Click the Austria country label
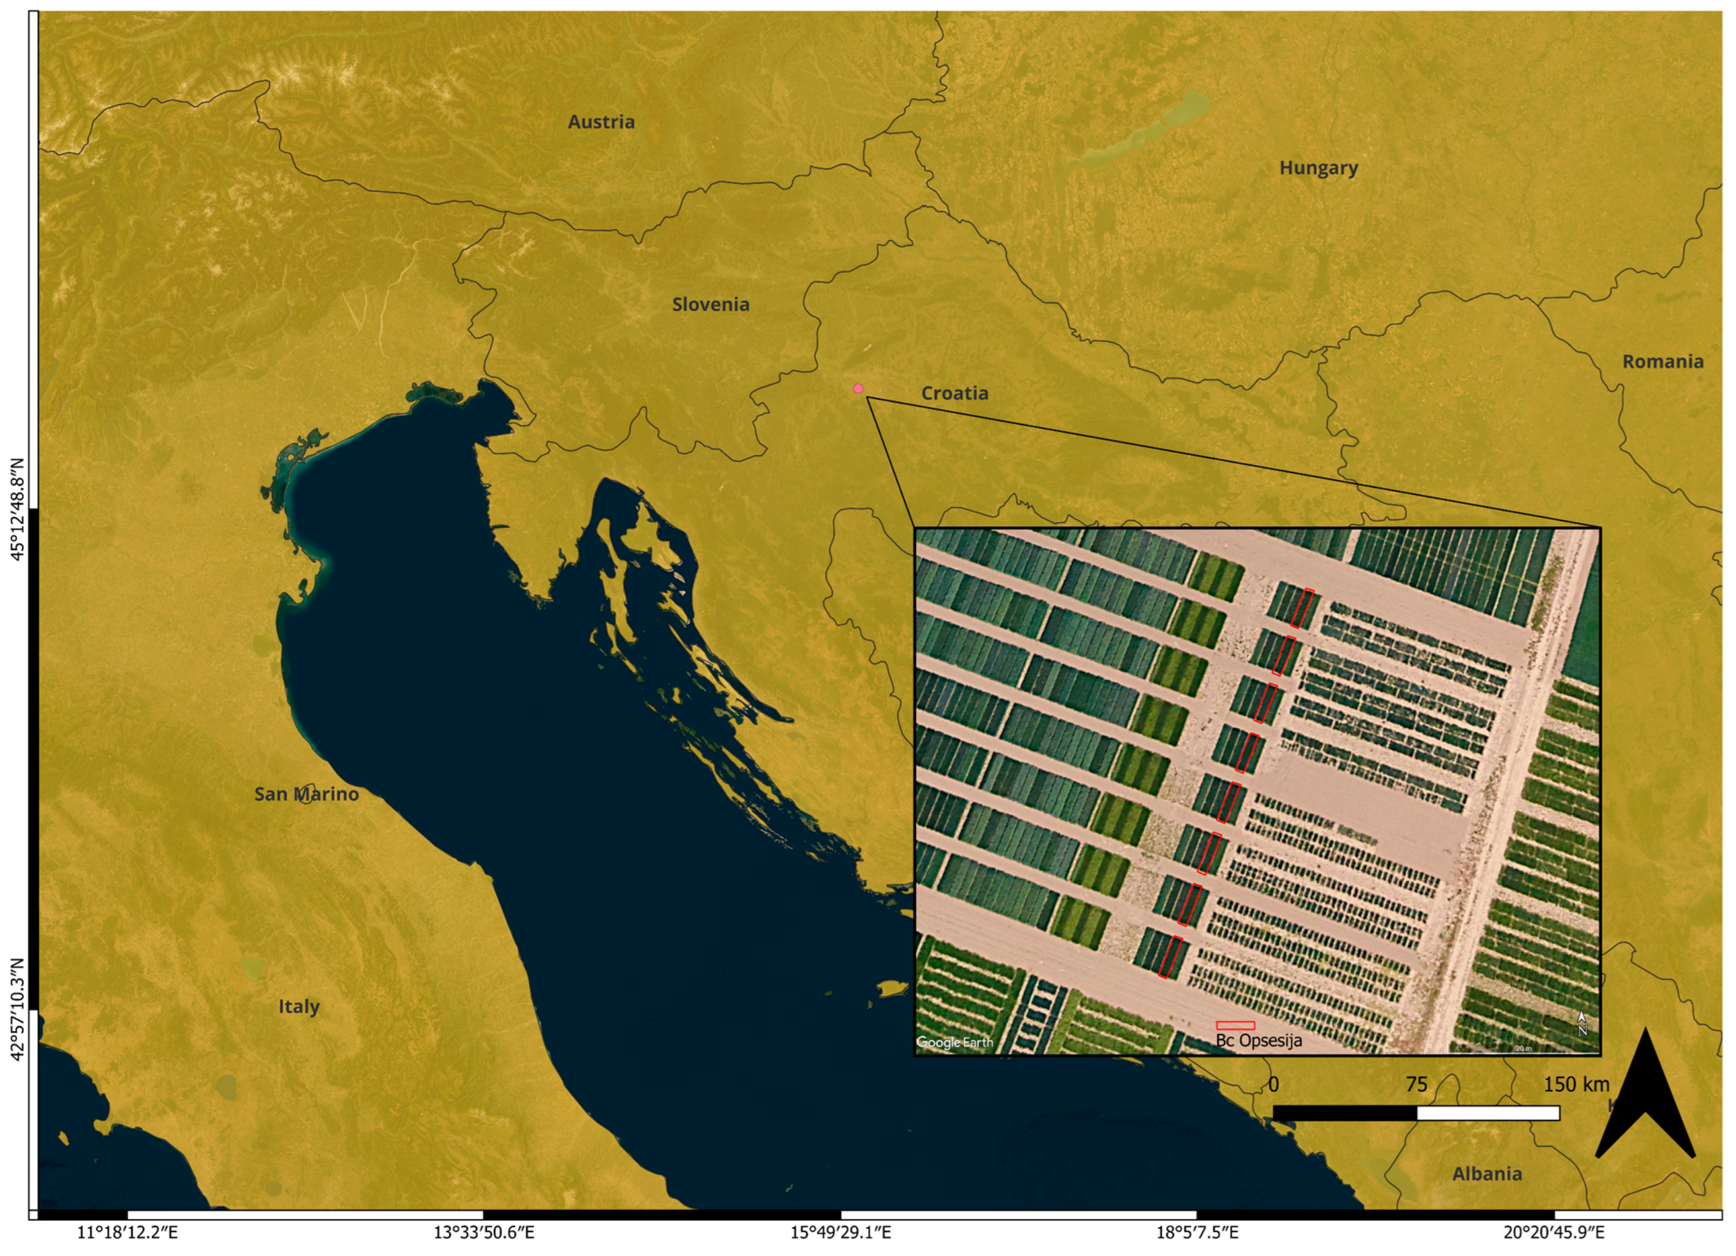pyautogui.click(x=601, y=122)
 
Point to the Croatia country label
pyautogui.click(x=955, y=393)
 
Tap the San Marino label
pyautogui.click(x=306, y=794)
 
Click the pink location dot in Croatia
pyautogui.click(x=858, y=389)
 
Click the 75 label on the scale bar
pyautogui.click(x=1416, y=1084)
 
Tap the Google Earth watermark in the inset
pyautogui.click(x=955, y=1042)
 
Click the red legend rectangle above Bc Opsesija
pyautogui.click(x=1235, y=1025)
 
